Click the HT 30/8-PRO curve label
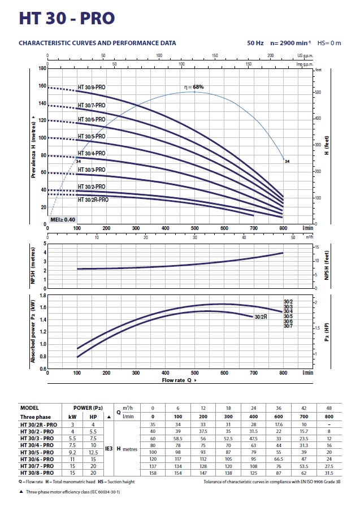(91, 88)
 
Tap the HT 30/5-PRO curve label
(91, 137)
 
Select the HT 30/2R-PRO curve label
(93, 200)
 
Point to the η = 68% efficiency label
(194, 87)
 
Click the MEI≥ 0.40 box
(63, 219)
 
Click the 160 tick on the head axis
(41, 86)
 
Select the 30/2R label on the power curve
(261, 317)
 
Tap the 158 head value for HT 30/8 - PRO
(152, 473)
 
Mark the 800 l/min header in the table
(329, 415)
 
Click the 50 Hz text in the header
(255, 43)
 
